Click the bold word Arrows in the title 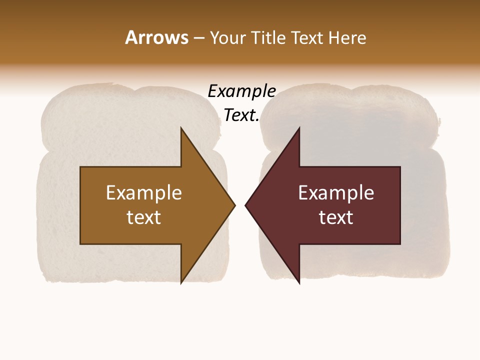click(x=156, y=37)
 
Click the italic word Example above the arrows click(x=242, y=91)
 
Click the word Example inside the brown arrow click(x=144, y=192)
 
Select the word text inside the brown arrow click(x=144, y=217)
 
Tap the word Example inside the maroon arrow click(x=336, y=192)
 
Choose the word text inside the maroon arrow click(x=336, y=217)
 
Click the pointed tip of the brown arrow click(x=234, y=205)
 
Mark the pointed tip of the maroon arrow click(x=246, y=205)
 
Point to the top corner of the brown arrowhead click(x=181, y=128)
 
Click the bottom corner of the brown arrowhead click(x=181, y=282)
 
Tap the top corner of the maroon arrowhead click(x=299, y=128)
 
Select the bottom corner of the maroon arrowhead click(x=299, y=282)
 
